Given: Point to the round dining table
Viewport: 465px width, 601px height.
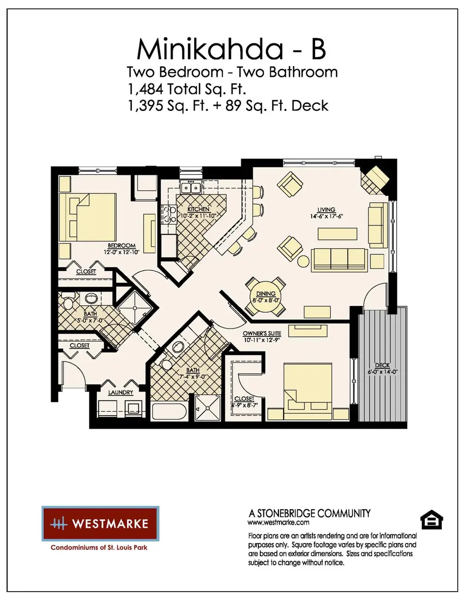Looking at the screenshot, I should (266, 297).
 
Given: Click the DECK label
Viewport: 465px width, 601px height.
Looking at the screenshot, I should (382, 365).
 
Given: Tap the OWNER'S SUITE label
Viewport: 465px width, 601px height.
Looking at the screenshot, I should (262, 333).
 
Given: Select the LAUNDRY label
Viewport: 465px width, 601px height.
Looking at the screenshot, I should (120, 393).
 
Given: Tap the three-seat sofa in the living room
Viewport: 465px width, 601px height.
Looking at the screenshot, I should (339, 256).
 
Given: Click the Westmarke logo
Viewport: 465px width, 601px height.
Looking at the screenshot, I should (100, 524).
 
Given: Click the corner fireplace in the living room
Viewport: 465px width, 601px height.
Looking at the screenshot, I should (375, 178).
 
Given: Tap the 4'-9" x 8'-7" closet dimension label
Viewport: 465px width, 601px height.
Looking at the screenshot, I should (244, 405).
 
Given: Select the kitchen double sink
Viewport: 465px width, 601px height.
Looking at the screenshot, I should (192, 187).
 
